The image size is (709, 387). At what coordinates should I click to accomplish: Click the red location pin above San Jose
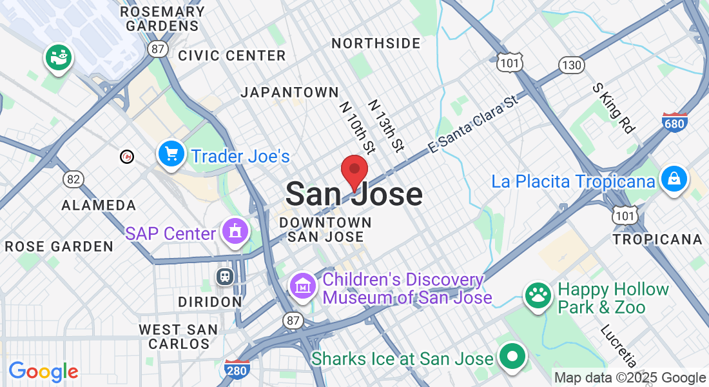click(354, 171)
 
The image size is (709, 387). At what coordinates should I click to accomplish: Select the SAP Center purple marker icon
click(234, 232)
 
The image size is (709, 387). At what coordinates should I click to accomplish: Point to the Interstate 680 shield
click(674, 121)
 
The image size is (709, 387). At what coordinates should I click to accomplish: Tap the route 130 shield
click(572, 65)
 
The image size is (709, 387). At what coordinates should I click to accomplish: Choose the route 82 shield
click(73, 179)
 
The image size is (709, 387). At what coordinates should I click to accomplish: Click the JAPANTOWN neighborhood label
click(289, 92)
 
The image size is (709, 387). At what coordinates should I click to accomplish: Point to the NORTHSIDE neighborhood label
click(376, 43)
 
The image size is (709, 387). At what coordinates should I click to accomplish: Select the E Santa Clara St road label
click(473, 125)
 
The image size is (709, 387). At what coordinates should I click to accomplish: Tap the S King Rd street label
click(613, 106)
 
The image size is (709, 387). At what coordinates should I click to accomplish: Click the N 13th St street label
click(386, 126)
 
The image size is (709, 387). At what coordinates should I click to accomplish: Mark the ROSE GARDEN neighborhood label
click(59, 246)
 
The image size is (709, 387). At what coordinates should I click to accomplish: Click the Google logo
click(43, 372)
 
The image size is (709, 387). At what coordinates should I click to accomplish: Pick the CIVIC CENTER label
click(232, 55)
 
